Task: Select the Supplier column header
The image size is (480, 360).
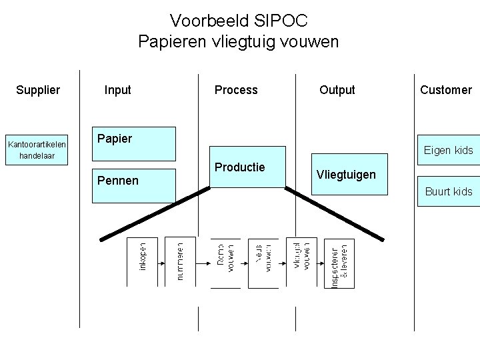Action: [38, 90]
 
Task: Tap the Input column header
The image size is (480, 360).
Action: [118, 90]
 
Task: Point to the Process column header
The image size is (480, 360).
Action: [236, 90]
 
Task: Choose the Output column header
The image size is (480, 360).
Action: [337, 90]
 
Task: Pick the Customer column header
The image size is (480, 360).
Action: [446, 90]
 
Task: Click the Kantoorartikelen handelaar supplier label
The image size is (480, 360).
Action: [37, 150]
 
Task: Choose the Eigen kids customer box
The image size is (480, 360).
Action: [447, 150]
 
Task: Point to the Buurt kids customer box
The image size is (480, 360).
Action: [448, 191]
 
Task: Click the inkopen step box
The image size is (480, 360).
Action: [143, 262]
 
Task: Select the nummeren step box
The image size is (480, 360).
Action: [180, 262]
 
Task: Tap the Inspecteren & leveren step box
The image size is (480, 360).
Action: [339, 263]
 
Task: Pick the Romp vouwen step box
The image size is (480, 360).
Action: [225, 263]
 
